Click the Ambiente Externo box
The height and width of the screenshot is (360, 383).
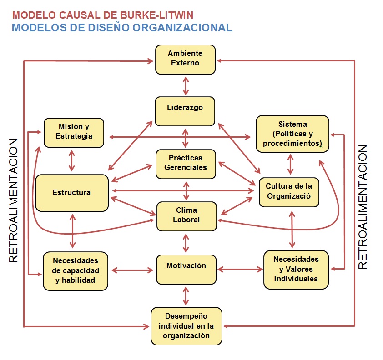tap(185, 59)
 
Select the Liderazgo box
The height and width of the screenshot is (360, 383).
tap(185, 111)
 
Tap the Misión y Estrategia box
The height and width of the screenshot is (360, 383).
tap(74, 132)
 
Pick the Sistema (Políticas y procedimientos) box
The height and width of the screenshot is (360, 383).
tap(292, 134)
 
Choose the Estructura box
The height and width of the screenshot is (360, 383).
tap(72, 193)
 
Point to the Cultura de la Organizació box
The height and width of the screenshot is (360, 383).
tap(289, 192)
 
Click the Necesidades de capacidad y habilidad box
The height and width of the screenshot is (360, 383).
tap(75, 270)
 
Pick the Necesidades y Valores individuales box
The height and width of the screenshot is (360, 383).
tap(296, 269)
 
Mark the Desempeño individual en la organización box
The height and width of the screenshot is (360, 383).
tap(186, 326)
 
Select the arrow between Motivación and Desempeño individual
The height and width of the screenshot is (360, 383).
tap(186, 295)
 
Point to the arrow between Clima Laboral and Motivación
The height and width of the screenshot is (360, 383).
tap(186, 243)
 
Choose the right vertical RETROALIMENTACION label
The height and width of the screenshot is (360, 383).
tap(363, 207)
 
